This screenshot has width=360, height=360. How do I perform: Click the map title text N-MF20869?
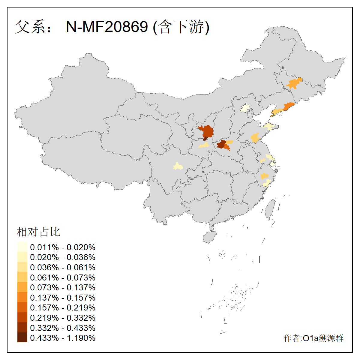pos(107,27)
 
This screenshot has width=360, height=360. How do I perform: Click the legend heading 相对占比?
pos(38,232)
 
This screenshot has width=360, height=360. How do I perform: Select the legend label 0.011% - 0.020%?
pos(63,247)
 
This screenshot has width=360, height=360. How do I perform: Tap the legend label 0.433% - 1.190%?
pos(63,338)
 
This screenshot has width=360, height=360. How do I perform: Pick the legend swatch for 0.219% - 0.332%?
pos(22,317)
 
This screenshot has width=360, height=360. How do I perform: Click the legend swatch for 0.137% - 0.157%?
pos(22,297)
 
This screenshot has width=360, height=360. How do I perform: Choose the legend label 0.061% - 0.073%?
pos(63,277)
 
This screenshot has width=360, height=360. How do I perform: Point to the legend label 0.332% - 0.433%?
pos(63,328)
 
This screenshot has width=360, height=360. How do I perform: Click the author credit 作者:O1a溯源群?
pos(313,338)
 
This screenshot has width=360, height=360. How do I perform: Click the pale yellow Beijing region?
pos(246,108)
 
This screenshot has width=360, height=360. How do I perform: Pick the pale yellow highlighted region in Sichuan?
pos(178,166)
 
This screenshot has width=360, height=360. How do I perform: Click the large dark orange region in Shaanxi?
pos(207,131)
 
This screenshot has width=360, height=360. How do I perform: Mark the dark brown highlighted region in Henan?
pos(221,145)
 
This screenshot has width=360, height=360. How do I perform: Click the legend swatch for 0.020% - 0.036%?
pos(22,257)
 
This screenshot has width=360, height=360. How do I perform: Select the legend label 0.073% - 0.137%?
pos(63,287)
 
